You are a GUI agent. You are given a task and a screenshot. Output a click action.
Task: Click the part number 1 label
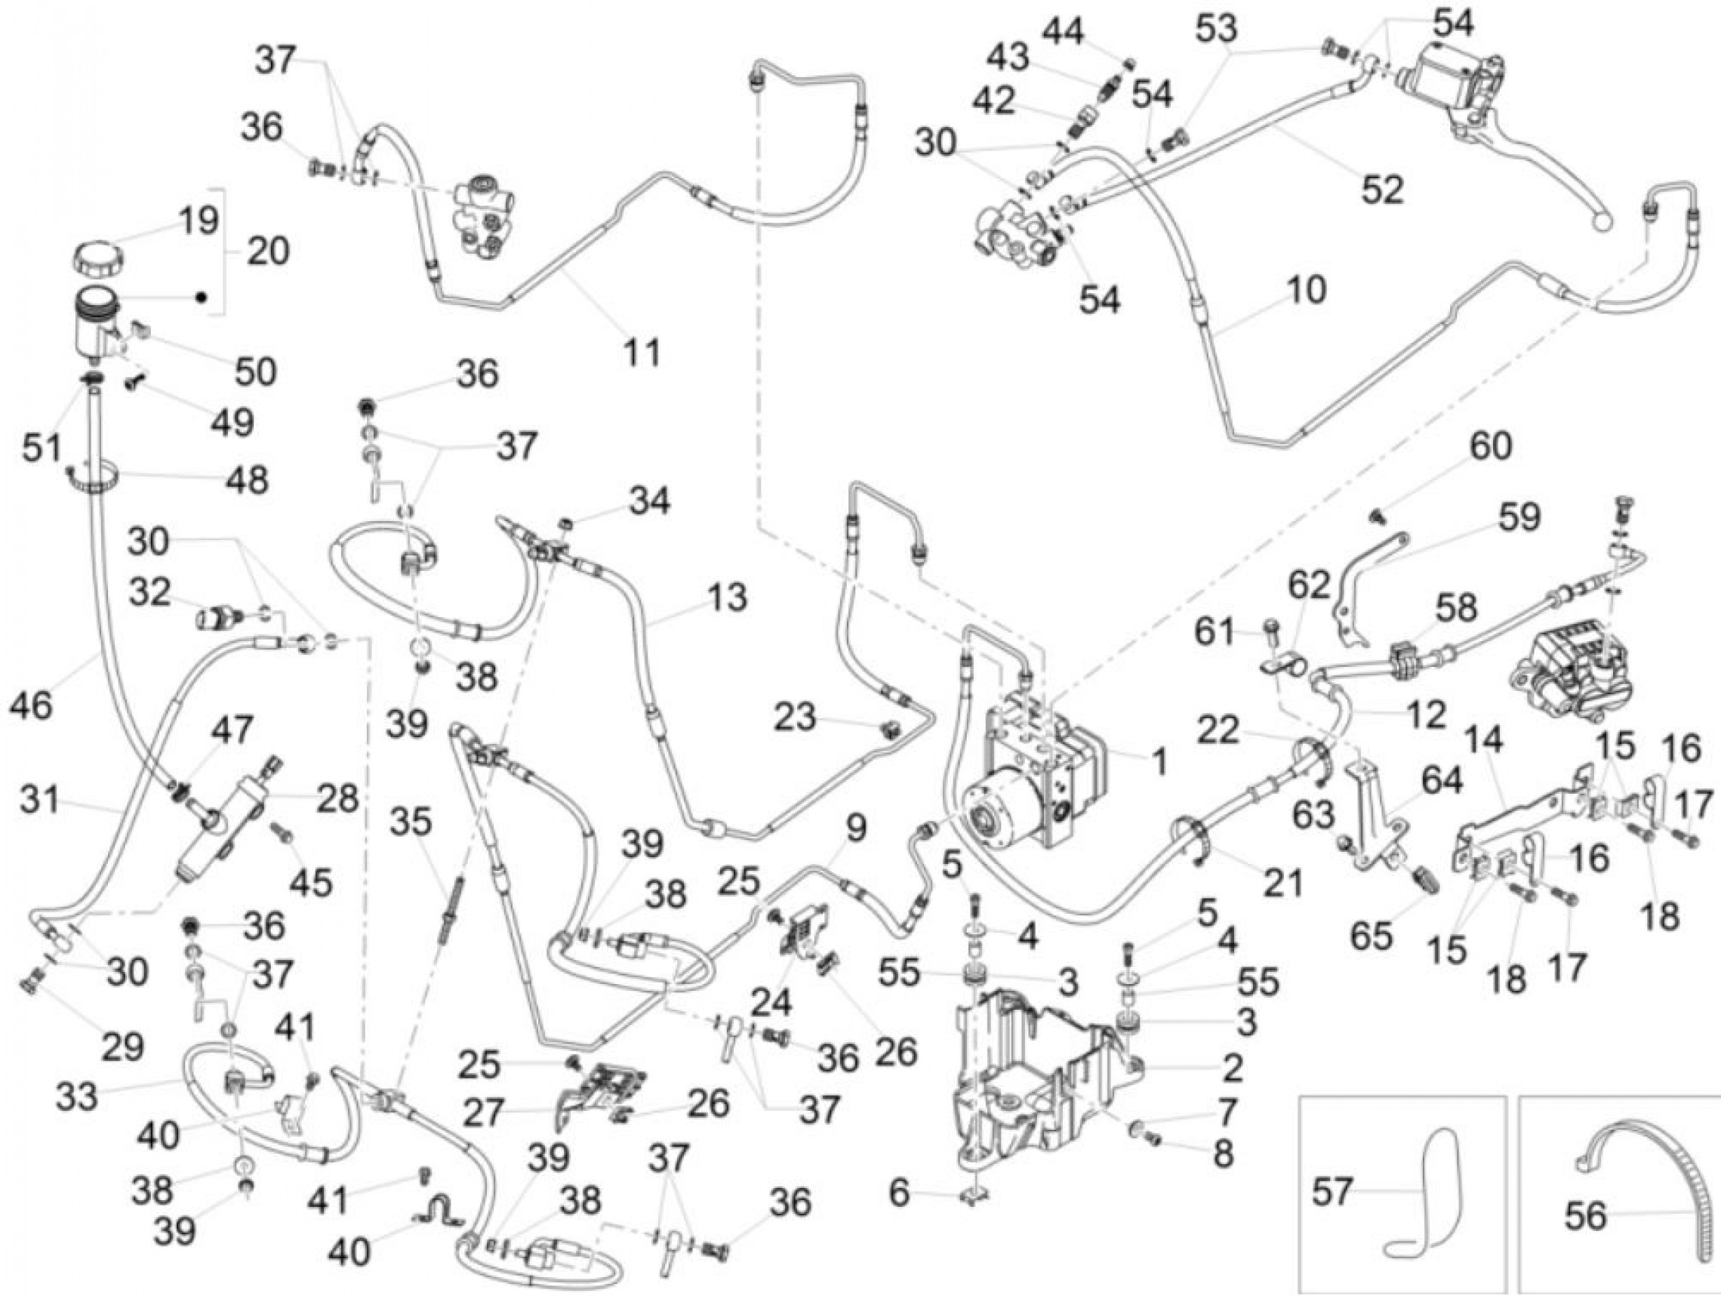(1159, 762)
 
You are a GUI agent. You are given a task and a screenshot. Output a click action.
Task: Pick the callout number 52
(1382, 189)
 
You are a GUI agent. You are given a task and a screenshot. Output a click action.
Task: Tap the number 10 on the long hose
(1306, 289)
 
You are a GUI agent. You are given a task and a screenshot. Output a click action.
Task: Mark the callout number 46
(32, 705)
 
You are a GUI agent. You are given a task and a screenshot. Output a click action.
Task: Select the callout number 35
(411, 822)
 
